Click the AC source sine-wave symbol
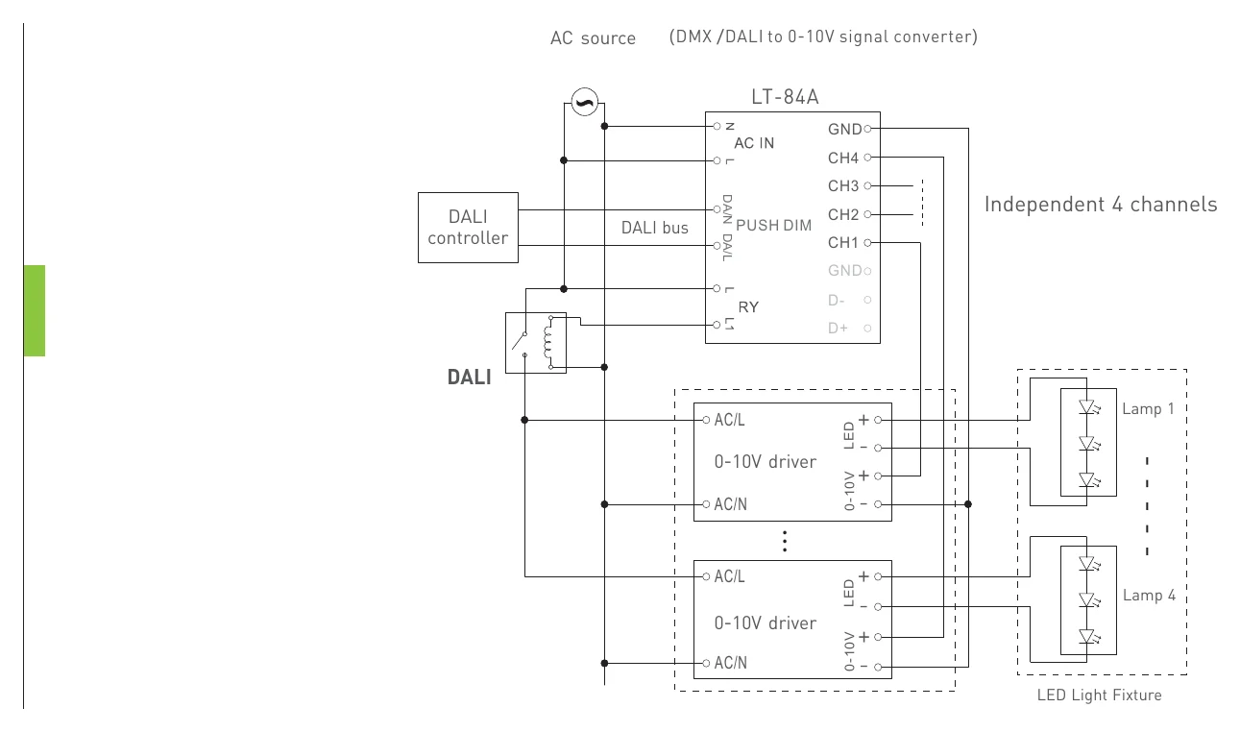click(x=585, y=102)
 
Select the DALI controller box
click(x=468, y=228)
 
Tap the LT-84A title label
click(x=785, y=97)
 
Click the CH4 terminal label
click(x=842, y=158)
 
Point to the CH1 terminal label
click(x=842, y=242)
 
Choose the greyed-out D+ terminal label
click(x=838, y=329)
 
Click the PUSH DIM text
click(x=773, y=226)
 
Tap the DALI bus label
click(x=654, y=228)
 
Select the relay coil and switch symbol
click(x=536, y=343)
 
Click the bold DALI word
click(x=469, y=378)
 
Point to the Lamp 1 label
click(x=1148, y=408)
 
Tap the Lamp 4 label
click(x=1149, y=596)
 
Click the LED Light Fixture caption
click(x=1099, y=695)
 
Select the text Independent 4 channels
click(x=1101, y=205)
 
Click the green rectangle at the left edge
click(x=35, y=310)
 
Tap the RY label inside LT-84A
click(x=748, y=307)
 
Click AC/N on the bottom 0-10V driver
click(x=730, y=663)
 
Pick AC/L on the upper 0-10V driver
click(x=729, y=420)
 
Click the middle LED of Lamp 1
click(x=1087, y=444)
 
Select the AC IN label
click(x=754, y=143)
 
